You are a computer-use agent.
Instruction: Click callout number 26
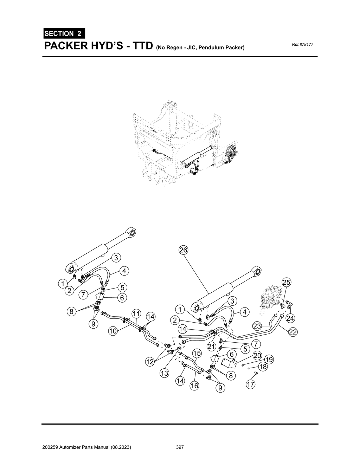(x=183, y=250)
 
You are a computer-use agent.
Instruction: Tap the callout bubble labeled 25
(x=287, y=282)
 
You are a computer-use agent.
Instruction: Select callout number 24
(x=290, y=318)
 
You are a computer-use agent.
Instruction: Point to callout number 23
(x=257, y=326)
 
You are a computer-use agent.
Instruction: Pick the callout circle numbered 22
(x=292, y=332)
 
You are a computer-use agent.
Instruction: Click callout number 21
(x=211, y=347)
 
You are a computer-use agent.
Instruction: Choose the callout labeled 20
(x=257, y=356)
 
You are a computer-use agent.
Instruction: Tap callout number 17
(x=250, y=384)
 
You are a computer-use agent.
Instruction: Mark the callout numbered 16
(x=194, y=386)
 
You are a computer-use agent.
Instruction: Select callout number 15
(x=197, y=353)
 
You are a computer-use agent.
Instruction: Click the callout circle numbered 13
(x=164, y=373)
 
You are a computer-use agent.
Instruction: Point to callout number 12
(x=150, y=362)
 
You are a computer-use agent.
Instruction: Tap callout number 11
(x=136, y=313)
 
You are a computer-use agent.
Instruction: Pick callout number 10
(x=112, y=331)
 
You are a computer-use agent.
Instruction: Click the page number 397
(x=180, y=447)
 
